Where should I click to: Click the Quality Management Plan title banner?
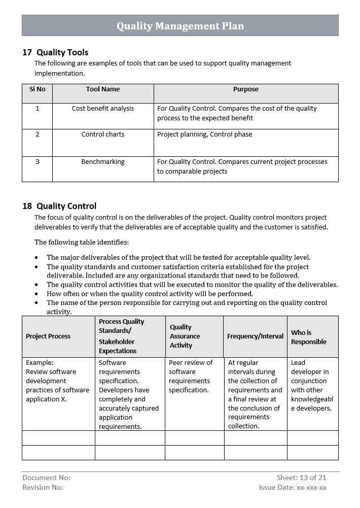click(x=180, y=26)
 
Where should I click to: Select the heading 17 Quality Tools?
click(x=55, y=52)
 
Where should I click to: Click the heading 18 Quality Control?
click(x=59, y=206)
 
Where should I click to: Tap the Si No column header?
click(x=37, y=89)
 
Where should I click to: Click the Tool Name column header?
click(x=103, y=89)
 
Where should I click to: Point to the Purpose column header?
click(x=245, y=89)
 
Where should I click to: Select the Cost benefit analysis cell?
click(x=103, y=109)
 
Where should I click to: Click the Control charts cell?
click(x=103, y=134)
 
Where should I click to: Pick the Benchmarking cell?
click(x=103, y=162)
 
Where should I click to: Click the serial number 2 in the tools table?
click(x=37, y=134)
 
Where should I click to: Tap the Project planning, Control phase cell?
click(x=204, y=134)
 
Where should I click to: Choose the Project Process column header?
click(x=48, y=336)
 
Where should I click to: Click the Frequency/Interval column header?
click(x=255, y=336)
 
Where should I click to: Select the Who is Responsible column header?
click(x=308, y=337)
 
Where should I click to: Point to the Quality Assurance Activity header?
click(x=185, y=336)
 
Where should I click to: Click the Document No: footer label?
click(x=46, y=478)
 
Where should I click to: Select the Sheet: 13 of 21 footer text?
click(x=301, y=478)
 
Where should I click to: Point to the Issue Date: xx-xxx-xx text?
click(x=293, y=487)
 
